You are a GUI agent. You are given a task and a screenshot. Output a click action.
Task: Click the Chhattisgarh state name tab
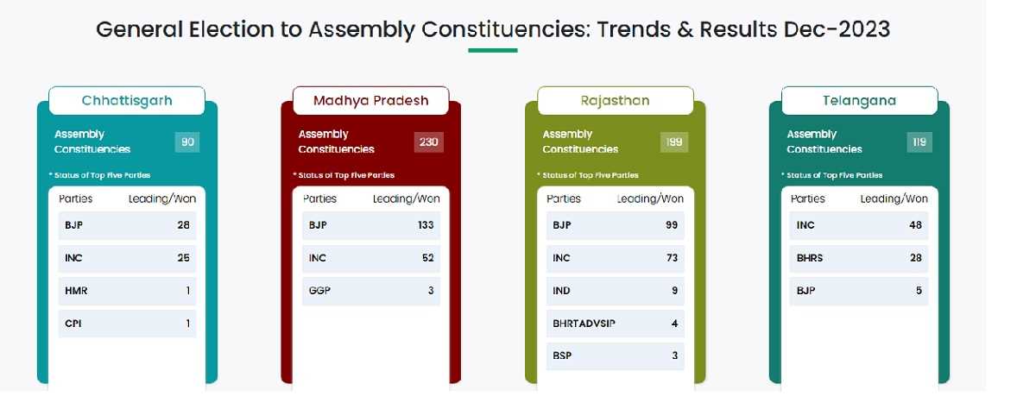tap(127, 100)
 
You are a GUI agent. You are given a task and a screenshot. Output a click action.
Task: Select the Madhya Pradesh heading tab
tap(371, 100)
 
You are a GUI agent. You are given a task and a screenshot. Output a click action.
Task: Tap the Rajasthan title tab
tap(615, 100)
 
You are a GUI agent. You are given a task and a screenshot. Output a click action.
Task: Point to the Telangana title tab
tap(859, 100)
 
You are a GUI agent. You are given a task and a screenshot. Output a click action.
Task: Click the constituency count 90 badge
tap(187, 142)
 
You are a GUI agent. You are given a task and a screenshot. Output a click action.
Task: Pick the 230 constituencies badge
tap(429, 142)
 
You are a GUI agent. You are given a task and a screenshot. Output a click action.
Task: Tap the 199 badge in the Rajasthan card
tap(674, 142)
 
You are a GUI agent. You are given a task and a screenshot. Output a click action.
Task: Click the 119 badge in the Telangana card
tap(919, 142)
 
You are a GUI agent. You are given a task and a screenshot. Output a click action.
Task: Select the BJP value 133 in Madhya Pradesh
tap(426, 225)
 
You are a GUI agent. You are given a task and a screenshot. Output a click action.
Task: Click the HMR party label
tap(76, 291)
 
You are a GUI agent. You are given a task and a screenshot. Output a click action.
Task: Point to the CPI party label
tap(73, 324)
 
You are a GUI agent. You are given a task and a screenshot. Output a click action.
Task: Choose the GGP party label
tap(319, 291)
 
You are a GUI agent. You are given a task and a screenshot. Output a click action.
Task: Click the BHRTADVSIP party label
tap(584, 324)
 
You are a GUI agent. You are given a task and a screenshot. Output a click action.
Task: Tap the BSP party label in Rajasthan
tap(562, 356)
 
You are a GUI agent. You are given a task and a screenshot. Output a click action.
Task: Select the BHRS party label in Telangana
tap(810, 258)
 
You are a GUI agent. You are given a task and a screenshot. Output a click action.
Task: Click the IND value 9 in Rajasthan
tap(675, 291)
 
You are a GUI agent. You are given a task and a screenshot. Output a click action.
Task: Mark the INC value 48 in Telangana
tap(915, 225)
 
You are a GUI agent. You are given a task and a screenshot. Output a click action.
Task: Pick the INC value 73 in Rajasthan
tap(672, 258)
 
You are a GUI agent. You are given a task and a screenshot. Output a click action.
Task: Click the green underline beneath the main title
tap(493, 50)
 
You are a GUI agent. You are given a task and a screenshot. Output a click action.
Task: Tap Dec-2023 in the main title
tap(837, 29)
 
